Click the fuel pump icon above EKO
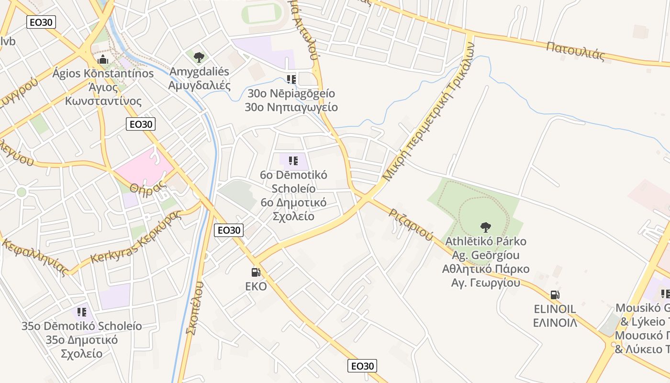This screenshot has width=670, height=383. pos(256,272)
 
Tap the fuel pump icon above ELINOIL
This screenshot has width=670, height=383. pos(555,295)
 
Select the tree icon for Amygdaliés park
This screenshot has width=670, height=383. pos(199,57)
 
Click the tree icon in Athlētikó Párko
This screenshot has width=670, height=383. pos(486,227)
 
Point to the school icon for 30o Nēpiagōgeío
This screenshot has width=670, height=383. pos(291,79)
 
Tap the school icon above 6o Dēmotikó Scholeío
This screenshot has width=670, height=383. pos(293,161)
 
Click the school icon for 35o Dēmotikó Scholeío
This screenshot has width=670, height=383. pos(82,312)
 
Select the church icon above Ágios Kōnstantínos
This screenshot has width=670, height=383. pos(103,60)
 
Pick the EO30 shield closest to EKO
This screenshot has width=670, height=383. pos(229,230)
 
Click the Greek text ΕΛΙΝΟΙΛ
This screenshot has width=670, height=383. pos(555,323)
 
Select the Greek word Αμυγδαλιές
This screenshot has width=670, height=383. pos(199,86)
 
